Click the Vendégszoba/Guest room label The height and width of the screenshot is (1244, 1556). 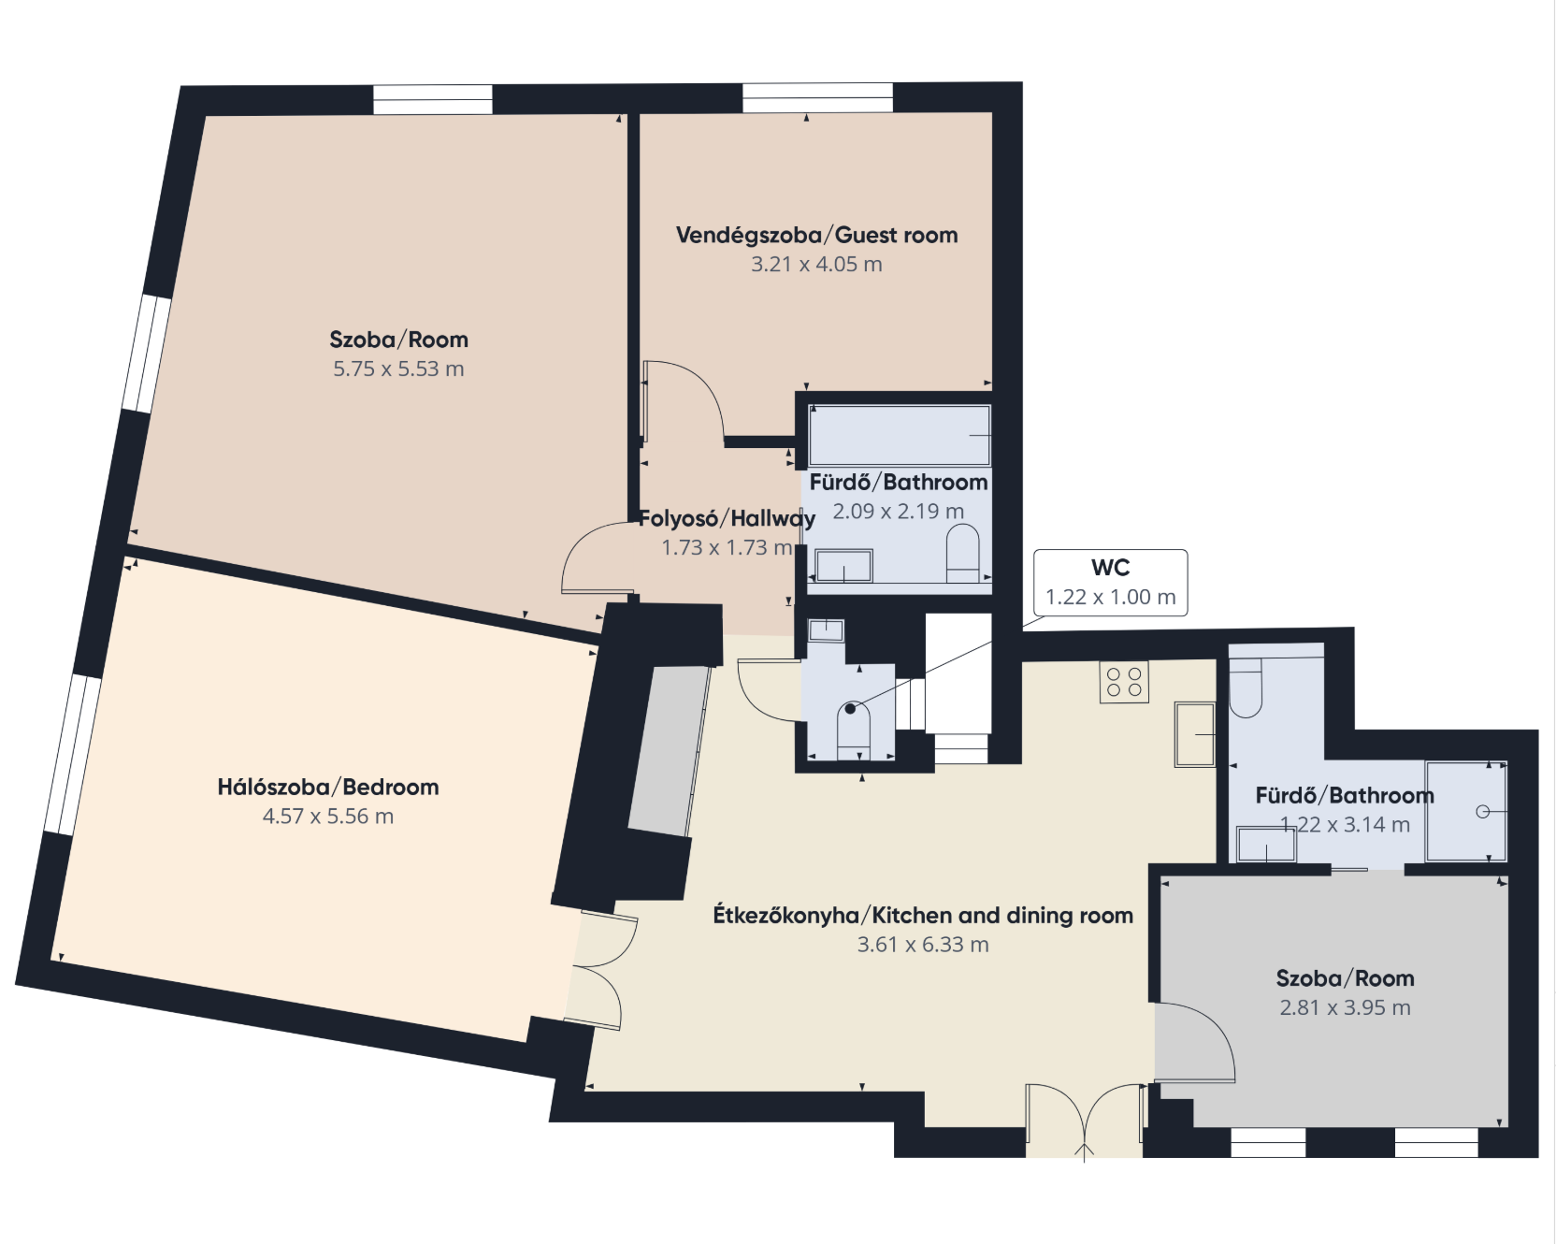tap(816, 235)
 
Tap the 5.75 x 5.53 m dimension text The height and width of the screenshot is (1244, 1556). tap(398, 369)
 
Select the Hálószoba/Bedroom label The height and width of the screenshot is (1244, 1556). tap(328, 787)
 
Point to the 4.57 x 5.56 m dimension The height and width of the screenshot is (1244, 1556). tap(328, 816)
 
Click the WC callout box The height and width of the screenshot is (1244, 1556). tap(1110, 582)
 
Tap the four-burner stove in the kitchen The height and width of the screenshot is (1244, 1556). tap(1124, 682)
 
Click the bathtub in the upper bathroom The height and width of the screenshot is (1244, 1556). tap(900, 435)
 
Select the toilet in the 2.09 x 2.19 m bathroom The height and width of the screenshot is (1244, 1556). tap(962, 553)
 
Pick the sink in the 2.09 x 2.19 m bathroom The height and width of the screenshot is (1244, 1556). tap(844, 566)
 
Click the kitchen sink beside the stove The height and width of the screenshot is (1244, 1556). tap(1195, 734)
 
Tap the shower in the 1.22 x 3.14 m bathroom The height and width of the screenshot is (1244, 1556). tap(1466, 811)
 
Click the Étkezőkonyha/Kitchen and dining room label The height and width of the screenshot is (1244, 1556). tap(923, 915)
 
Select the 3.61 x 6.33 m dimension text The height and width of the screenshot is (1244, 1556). tap(923, 945)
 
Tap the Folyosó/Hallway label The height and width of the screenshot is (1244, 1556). tap(727, 518)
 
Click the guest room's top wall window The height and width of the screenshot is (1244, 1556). tap(818, 97)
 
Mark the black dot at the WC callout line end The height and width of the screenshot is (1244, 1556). tap(850, 709)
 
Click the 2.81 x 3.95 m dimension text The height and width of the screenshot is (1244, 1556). tap(1345, 1007)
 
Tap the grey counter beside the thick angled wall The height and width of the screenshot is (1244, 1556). tap(669, 751)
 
